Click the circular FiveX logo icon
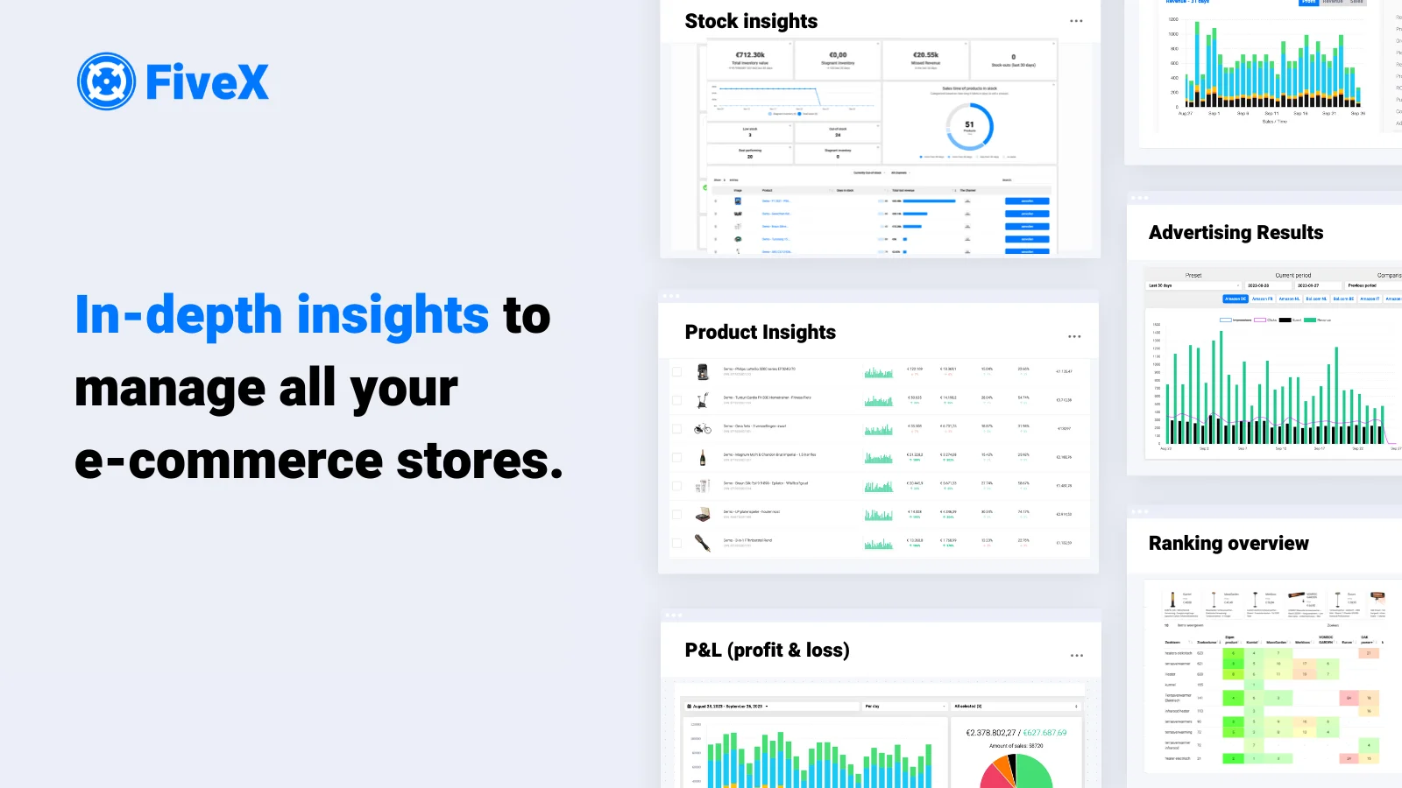coord(106,81)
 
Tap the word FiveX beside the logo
coord(207,82)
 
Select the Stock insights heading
coord(751,21)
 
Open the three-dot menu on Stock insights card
coord(1076,21)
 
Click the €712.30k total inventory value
coord(750,55)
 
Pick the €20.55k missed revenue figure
coord(925,55)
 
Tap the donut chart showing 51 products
coord(969,126)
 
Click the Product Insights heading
coord(760,333)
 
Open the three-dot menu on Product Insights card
coord(1074,336)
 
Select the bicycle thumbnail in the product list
coord(703,429)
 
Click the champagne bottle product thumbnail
coord(703,457)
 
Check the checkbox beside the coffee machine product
coord(676,372)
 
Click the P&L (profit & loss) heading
coord(767,651)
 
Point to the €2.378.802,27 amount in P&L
coord(991,733)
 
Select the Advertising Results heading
coord(1236,233)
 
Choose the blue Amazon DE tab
coord(1235,299)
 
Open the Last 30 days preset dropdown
coord(1194,285)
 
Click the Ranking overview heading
coord(1229,544)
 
